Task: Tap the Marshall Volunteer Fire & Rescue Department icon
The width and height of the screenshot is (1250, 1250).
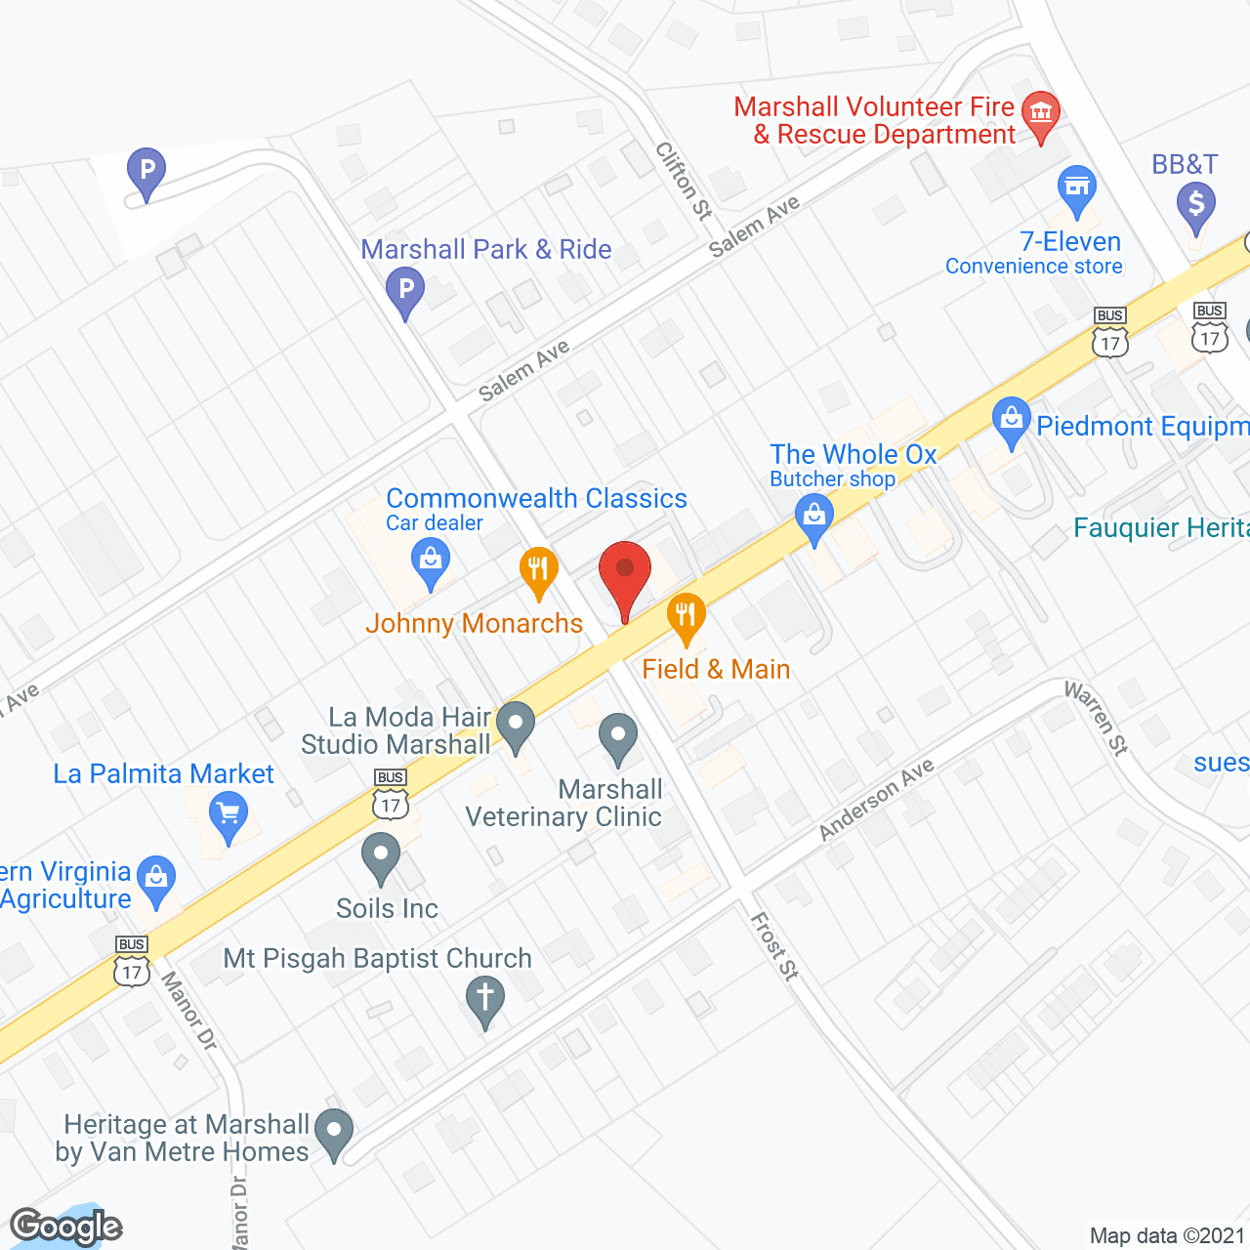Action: click(x=1041, y=112)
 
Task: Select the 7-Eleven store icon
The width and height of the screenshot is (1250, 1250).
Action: click(x=1076, y=187)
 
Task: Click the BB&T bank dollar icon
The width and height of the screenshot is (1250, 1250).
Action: click(x=1195, y=205)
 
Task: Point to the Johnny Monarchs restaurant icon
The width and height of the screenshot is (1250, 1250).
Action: click(x=538, y=568)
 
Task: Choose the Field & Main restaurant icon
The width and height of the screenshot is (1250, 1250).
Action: click(x=687, y=615)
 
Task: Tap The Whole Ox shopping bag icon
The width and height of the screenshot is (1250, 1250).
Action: click(x=813, y=514)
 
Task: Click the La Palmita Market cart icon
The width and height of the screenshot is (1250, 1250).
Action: click(x=229, y=813)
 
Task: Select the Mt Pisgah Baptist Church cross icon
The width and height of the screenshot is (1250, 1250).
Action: click(x=484, y=999)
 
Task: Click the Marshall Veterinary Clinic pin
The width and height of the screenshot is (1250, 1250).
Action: click(x=617, y=734)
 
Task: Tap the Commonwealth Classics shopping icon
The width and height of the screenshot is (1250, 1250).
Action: click(x=430, y=562)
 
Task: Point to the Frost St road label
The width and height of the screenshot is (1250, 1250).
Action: click(x=775, y=945)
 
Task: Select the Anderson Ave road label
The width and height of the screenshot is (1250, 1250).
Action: click(x=876, y=799)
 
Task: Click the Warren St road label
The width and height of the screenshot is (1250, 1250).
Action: click(x=1097, y=718)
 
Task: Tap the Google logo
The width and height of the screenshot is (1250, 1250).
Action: click(x=66, y=1227)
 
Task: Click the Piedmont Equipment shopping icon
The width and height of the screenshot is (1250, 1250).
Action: click(x=1011, y=419)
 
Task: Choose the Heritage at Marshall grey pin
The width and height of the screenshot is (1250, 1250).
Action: click(x=335, y=1132)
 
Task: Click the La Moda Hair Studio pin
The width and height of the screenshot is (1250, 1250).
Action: click(x=516, y=724)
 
